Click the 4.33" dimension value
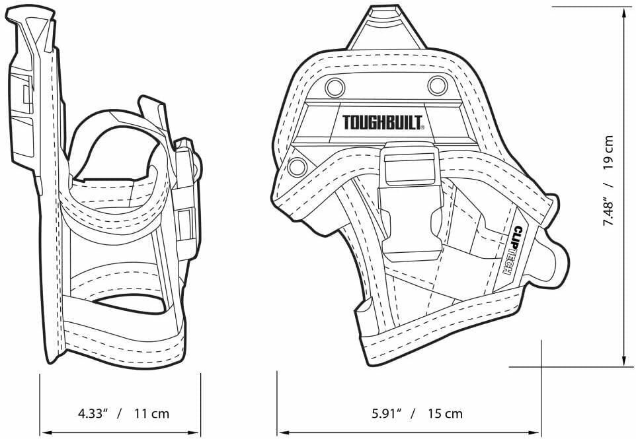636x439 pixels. [93, 414]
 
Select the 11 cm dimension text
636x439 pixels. [151, 414]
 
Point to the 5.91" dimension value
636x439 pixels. [387, 414]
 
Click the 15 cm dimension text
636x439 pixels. [444, 414]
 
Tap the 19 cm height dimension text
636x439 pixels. [608, 152]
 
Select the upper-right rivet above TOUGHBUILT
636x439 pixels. [437, 84]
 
